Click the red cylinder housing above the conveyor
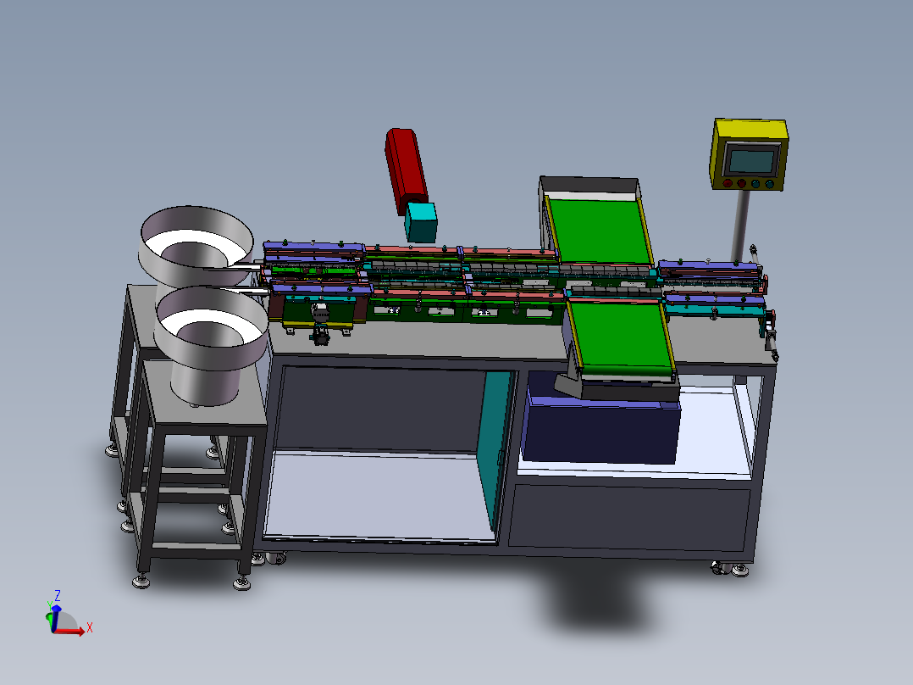click(x=405, y=165)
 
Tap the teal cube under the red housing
click(x=420, y=221)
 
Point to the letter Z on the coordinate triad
click(x=57, y=595)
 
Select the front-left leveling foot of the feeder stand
click(x=139, y=581)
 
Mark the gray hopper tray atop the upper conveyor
click(x=589, y=186)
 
